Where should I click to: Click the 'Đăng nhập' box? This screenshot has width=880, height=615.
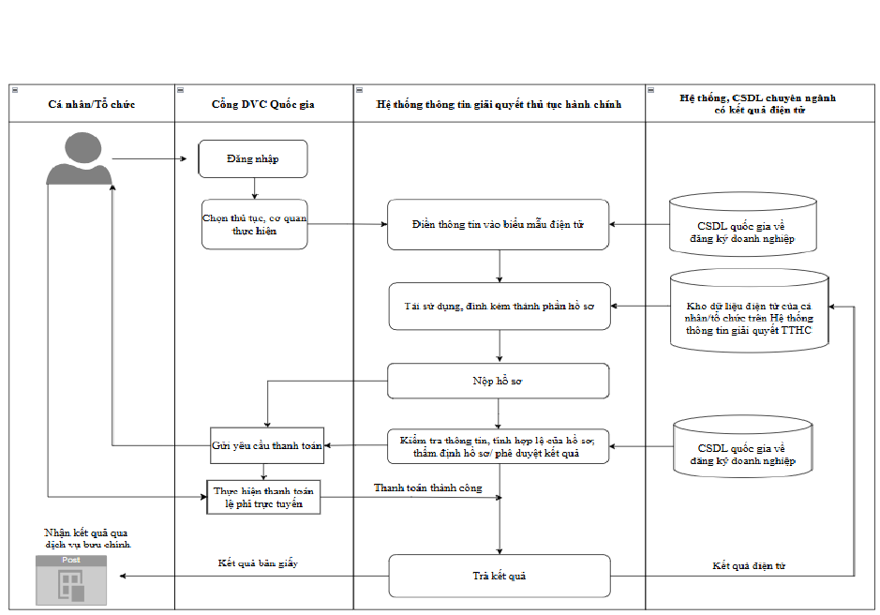coord(252,159)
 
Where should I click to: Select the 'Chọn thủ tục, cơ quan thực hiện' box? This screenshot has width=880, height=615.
coord(254,224)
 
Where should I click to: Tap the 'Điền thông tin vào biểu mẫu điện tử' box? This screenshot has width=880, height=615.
coord(498,224)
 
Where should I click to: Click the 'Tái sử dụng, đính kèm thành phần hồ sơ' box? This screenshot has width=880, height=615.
coord(500,307)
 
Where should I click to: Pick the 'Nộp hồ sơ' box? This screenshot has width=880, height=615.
coord(498,381)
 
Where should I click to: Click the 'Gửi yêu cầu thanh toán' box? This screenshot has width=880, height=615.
coord(267,445)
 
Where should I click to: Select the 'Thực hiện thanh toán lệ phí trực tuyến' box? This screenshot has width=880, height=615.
coord(263,497)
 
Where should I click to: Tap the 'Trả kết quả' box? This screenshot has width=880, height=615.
coord(500,576)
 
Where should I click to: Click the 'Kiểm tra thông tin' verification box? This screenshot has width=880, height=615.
coord(498,446)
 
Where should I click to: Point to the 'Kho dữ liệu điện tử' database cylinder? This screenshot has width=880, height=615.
coord(749,310)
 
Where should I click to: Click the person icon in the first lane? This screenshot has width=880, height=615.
coord(80,158)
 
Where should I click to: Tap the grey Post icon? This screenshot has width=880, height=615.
coord(71,580)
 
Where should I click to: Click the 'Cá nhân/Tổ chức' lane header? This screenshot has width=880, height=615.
coord(92,104)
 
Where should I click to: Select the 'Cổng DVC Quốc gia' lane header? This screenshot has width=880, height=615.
coord(263,104)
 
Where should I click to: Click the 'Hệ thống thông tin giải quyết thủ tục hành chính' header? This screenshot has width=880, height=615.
coord(499,104)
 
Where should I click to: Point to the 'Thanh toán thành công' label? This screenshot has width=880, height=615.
coord(427,488)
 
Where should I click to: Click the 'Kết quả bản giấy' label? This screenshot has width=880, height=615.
coord(258,562)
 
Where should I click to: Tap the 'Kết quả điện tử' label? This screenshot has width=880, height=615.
coord(749,565)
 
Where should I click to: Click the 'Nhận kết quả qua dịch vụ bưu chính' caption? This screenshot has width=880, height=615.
coord(87,538)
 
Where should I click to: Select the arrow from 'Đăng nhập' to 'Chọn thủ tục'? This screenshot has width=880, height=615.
coord(255,188)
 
